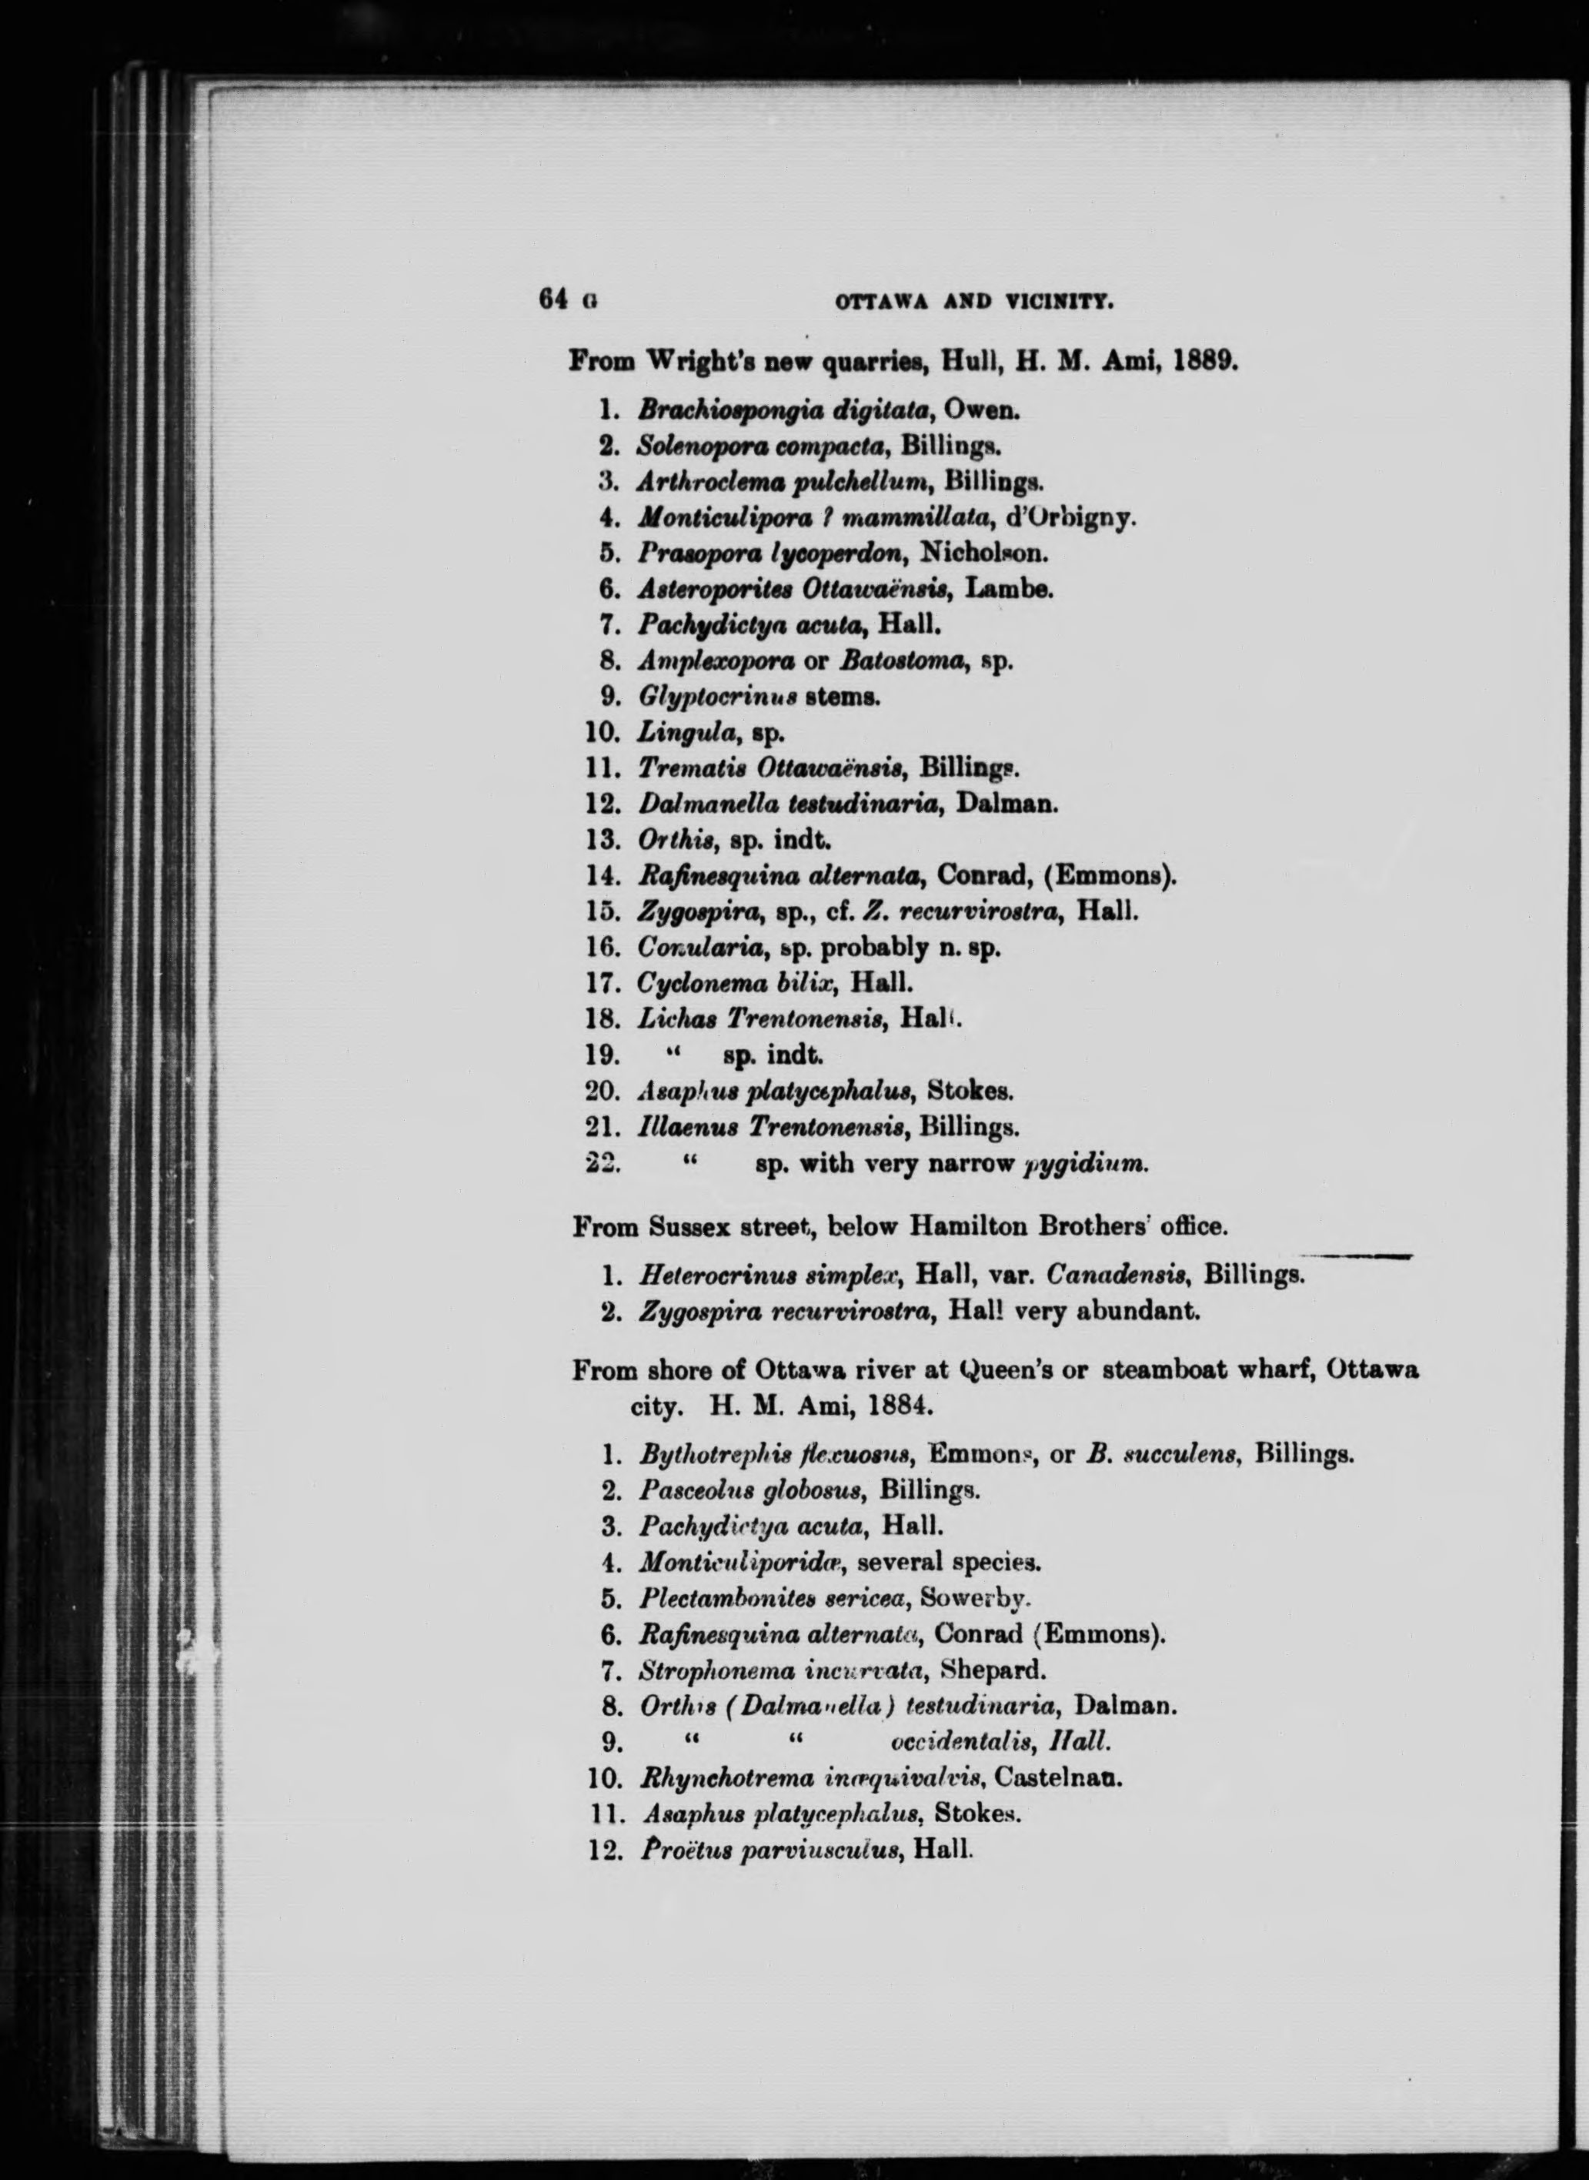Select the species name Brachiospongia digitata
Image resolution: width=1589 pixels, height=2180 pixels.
click(783, 410)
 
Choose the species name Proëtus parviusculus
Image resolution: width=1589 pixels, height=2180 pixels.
click(770, 1849)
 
